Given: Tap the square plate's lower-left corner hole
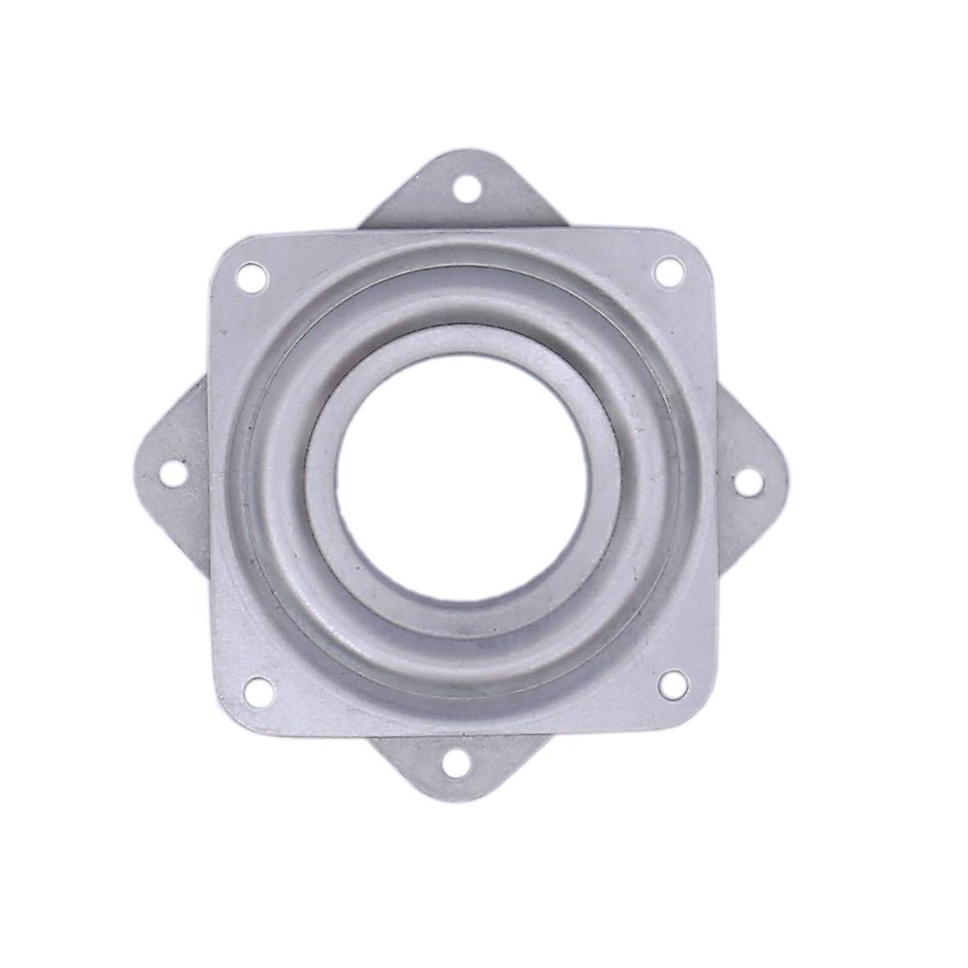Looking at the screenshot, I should [x=257, y=686].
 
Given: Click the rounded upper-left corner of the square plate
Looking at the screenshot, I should [x=226, y=250].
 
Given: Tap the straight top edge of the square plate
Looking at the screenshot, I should [x=464, y=231].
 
